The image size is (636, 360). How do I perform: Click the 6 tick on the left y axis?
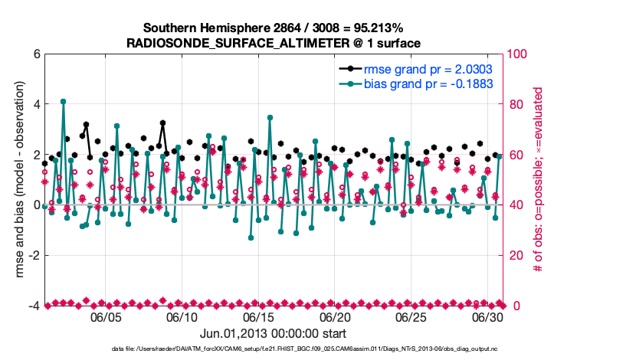(35, 54)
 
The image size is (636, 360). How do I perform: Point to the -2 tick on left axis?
(33, 255)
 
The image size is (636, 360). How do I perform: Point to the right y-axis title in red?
(539, 180)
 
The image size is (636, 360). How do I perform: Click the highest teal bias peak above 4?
(63, 101)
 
